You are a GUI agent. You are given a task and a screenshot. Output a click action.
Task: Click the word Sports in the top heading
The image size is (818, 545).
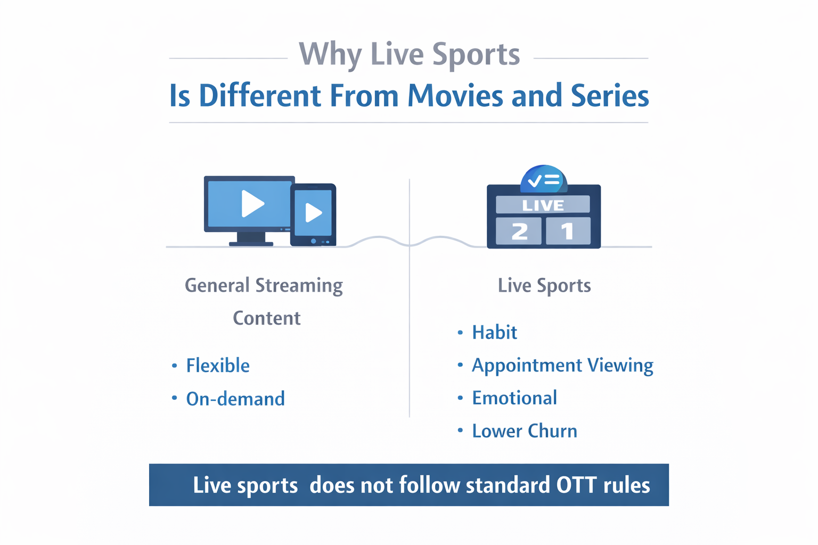[x=476, y=55]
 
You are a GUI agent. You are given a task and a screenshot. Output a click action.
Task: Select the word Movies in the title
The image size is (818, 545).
[x=455, y=96]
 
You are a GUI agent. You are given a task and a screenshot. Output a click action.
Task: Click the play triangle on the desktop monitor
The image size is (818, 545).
[x=252, y=204]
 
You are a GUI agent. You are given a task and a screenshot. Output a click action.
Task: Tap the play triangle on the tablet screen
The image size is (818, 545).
[x=313, y=213]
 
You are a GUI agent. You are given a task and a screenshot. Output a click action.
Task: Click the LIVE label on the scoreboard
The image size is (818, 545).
[x=543, y=205]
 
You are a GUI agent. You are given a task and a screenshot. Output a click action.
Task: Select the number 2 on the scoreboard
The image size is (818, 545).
[x=519, y=232]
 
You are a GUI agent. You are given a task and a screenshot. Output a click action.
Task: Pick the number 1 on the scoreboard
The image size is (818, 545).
[x=567, y=232]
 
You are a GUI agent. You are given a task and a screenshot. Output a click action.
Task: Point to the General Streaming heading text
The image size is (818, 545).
[x=264, y=286]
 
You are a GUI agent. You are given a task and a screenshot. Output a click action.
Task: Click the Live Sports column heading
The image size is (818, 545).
[x=544, y=286]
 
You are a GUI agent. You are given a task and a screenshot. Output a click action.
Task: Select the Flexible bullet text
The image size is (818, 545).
[x=218, y=366]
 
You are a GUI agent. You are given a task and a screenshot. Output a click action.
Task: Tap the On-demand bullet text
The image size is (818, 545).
[x=235, y=399]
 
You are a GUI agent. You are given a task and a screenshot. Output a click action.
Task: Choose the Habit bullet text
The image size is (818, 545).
[x=494, y=333]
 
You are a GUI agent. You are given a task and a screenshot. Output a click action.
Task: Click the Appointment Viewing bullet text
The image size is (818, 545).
[x=562, y=366]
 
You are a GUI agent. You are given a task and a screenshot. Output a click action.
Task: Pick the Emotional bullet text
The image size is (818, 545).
[x=514, y=398]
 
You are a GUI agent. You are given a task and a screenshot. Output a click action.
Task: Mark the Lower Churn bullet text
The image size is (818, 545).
[x=525, y=431]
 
